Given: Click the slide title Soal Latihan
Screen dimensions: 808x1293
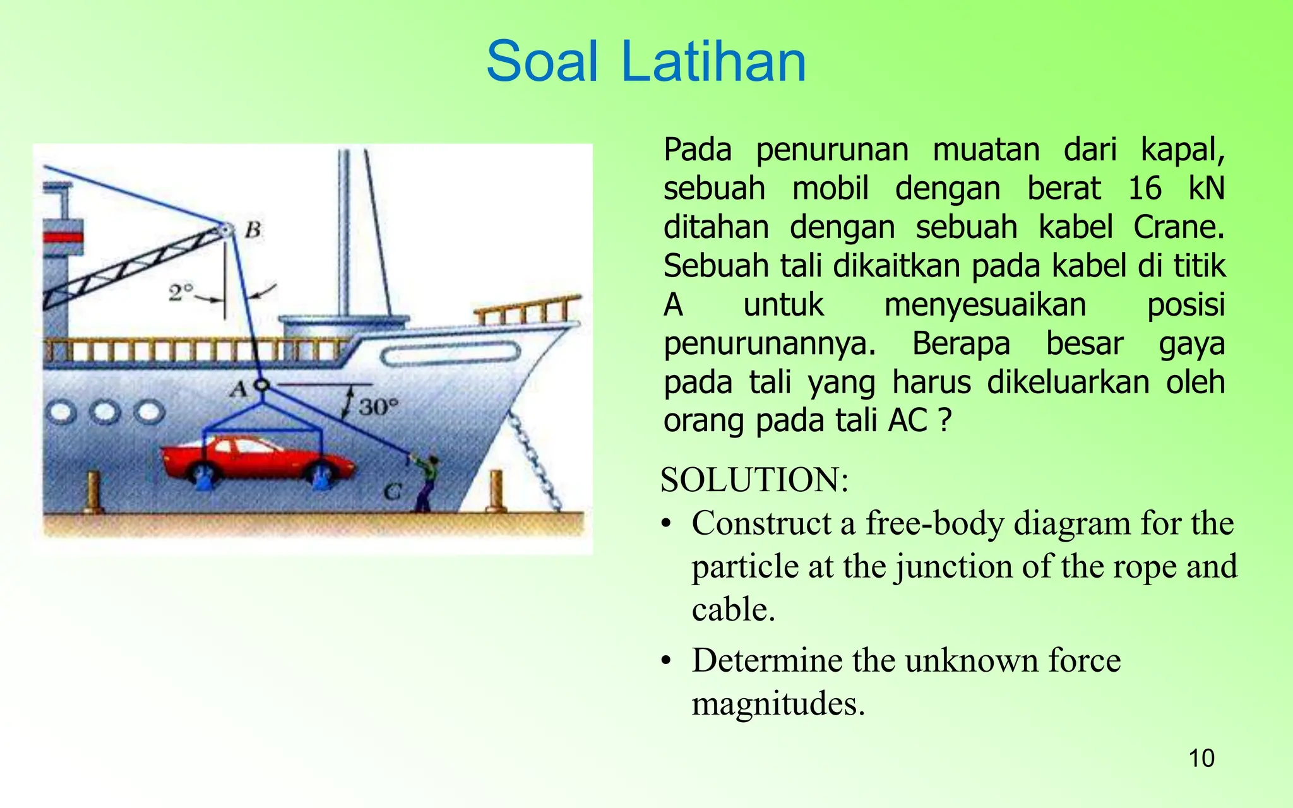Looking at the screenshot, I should point(646,61).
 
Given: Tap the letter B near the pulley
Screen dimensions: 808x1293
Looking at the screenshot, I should point(253,229).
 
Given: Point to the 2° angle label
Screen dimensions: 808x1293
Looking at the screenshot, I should point(181,292).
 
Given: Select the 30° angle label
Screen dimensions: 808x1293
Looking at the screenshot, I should point(379,407).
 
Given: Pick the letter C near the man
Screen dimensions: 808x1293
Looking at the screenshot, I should point(393,491).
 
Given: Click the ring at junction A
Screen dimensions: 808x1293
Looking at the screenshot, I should point(261,384).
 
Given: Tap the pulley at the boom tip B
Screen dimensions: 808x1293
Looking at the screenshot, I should point(224,230).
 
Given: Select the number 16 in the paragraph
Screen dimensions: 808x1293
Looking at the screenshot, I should point(1145,188).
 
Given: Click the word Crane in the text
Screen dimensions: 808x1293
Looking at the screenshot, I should point(1177,227).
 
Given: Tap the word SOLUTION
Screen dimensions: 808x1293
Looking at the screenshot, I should point(754,480).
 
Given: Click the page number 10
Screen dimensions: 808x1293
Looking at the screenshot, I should point(1201,758).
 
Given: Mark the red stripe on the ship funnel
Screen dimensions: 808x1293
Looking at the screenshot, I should point(63,237).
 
